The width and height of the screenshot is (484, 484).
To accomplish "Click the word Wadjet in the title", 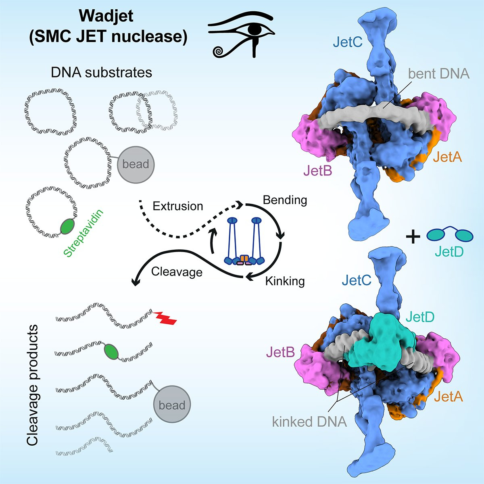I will (x=106, y=16).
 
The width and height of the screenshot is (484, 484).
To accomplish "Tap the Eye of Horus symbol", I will (x=241, y=36).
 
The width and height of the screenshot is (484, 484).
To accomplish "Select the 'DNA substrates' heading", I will (x=101, y=72).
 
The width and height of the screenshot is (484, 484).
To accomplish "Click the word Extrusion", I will (x=177, y=206).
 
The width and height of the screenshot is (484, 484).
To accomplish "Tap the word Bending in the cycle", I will (x=285, y=200).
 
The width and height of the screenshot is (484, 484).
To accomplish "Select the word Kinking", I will (x=285, y=281).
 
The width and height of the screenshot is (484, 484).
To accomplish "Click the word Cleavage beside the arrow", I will (x=177, y=272).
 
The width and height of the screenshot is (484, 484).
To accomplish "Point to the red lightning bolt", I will (x=165, y=318).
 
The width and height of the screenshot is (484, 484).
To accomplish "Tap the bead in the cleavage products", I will (x=172, y=405).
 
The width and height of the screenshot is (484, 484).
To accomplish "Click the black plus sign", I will (x=412, y=237).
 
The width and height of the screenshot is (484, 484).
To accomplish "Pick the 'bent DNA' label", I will (x=438, y=73).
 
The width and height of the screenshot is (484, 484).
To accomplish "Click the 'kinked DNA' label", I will (x=309, y=422).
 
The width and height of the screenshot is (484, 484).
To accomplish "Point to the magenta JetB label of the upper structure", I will (x=317, y=171).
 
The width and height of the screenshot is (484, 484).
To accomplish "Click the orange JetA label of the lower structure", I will (x=449, y=397).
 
